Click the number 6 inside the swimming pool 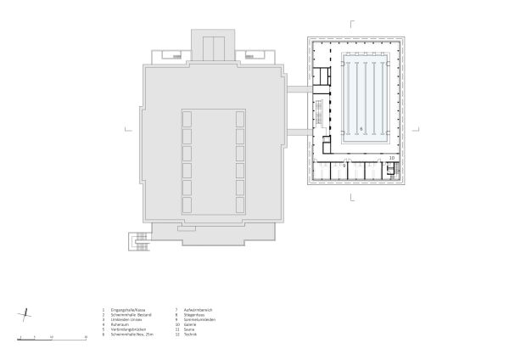point(361,128)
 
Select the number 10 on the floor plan point(391,158)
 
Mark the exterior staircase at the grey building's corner point(137,241)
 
